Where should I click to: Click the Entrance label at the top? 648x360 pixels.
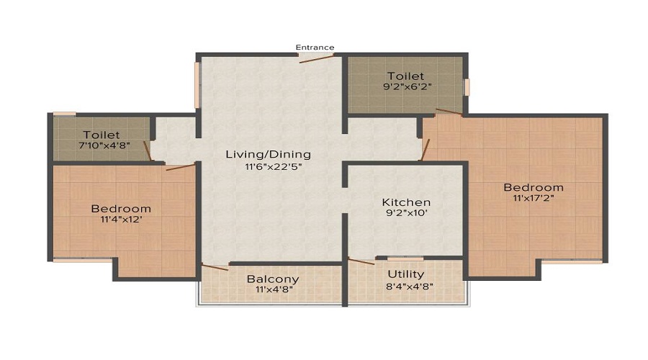[x=315, y=48]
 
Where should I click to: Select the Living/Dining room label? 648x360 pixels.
[x=268, y=154]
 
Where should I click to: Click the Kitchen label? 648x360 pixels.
[x=406, y=202]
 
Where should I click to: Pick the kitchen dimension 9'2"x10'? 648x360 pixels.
[x=406, y=215]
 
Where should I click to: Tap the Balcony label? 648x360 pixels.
[x=273, y=279]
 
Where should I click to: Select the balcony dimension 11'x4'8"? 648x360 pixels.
[x=273, y=290]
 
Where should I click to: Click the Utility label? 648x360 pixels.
[x=406, y=274]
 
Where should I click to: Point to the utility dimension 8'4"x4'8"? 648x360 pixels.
[x=406, y=287]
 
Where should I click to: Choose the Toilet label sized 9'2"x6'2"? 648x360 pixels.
[x=405, y=76]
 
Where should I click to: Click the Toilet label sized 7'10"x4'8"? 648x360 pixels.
[x=101, y=135]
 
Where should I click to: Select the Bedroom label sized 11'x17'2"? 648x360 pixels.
[x=533, y=187]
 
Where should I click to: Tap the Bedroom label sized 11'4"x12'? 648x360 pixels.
[x=121, y=209]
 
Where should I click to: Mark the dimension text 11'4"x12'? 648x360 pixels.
[x=121, y=221]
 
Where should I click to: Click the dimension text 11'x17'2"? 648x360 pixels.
[x=533, y=198]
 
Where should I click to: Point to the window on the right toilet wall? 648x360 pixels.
[x=467, y=86]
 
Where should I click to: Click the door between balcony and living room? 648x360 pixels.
[x=215, y=267]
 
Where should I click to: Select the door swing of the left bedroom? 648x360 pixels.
[x=180, y=167]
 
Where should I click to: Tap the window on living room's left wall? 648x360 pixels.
[x=197, y=86]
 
